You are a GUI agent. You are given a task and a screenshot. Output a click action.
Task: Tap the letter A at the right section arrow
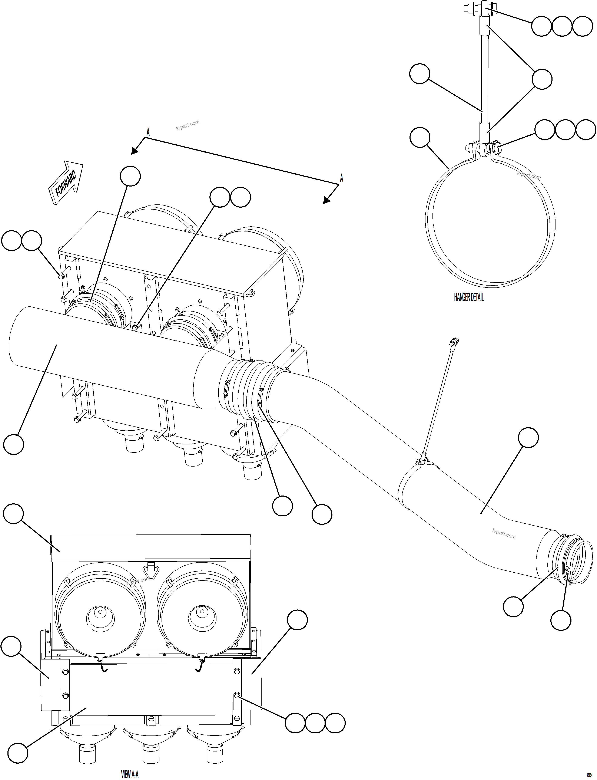[342, 178]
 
